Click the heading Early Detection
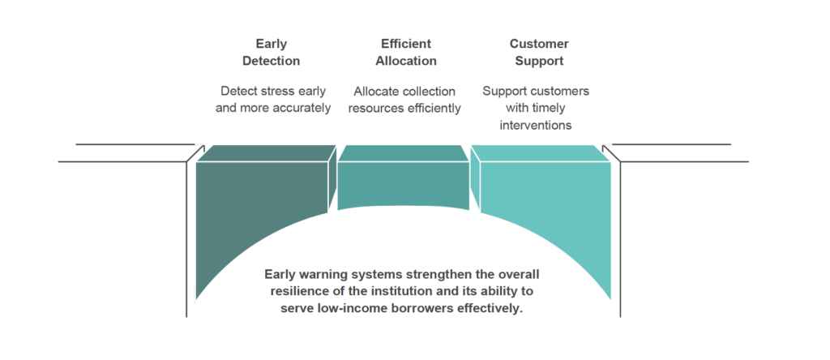(x=271, y=53)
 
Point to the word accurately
(x=299, y=108)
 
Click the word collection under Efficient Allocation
(x=426, y=92)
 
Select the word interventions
(x=536, y=125)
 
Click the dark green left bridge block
(x=259, y=219)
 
